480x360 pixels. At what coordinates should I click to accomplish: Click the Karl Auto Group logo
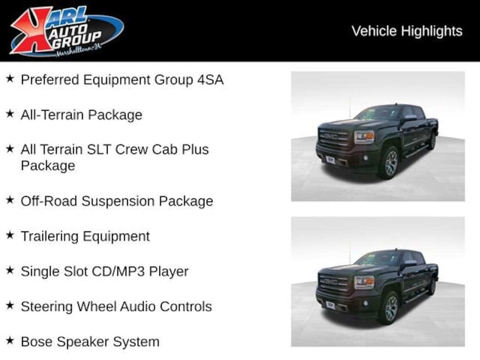(x=66, y=30)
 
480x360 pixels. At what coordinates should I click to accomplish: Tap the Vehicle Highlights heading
(x=407, y=31)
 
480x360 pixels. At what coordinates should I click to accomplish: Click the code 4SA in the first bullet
(x=210, y=80)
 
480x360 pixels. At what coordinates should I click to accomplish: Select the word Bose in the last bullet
(x=37, y=342)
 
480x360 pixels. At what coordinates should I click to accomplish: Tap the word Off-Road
(x=49, y=201)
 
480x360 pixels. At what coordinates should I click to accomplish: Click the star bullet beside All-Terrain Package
(x=10, y=114)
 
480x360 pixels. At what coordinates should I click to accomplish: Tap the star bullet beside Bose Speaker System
(x=10, y=341)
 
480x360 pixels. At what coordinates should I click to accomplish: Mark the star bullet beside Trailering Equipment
(x=10, y=235)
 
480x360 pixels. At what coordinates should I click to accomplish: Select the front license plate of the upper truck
(x=330, y=159)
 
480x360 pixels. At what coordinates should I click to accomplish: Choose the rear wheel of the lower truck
(x=432, y=285)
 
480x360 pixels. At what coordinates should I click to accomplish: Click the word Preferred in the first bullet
(x=50, y=80)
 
